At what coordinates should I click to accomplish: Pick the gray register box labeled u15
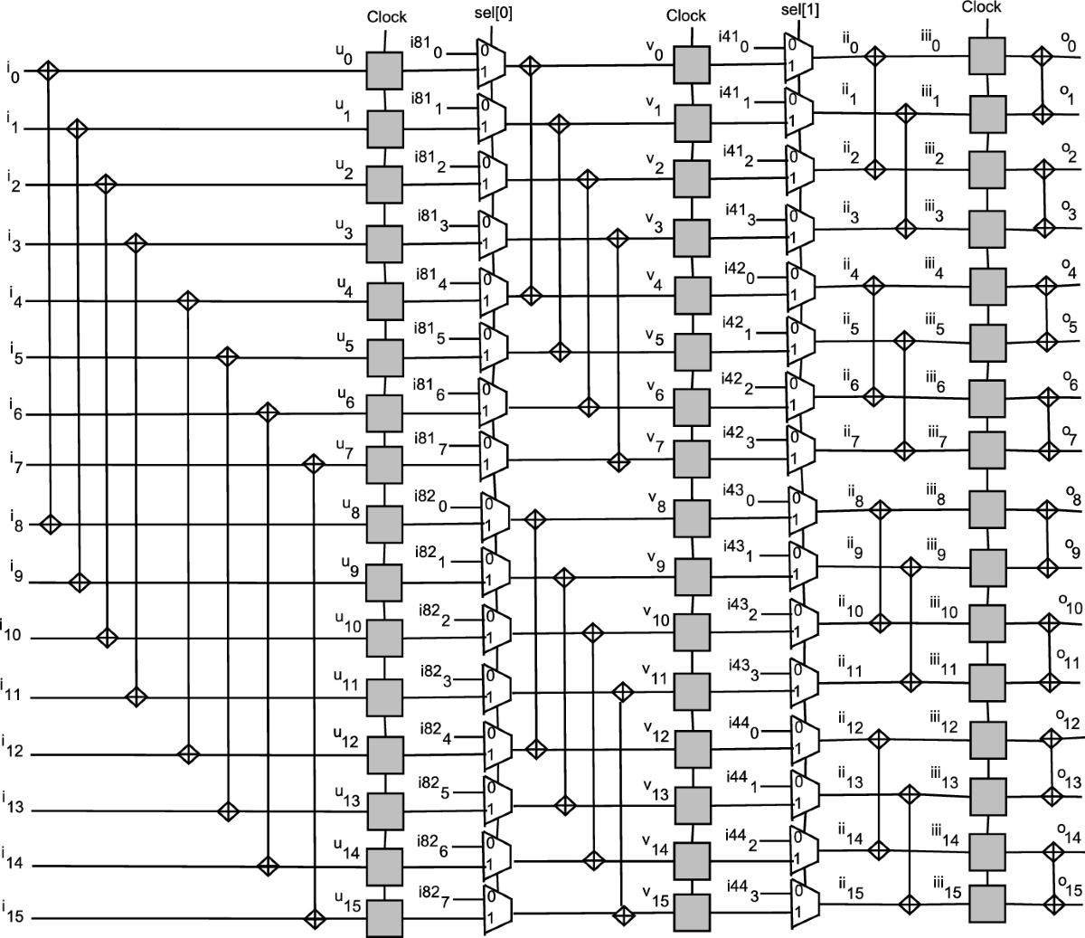coord(385,918)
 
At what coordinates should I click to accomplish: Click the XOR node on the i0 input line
coord(47,71)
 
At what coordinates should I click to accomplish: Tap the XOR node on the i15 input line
coord(314,918)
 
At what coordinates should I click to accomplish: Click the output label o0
coord(1070,41)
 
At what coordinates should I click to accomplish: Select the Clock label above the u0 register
coord(387,16)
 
